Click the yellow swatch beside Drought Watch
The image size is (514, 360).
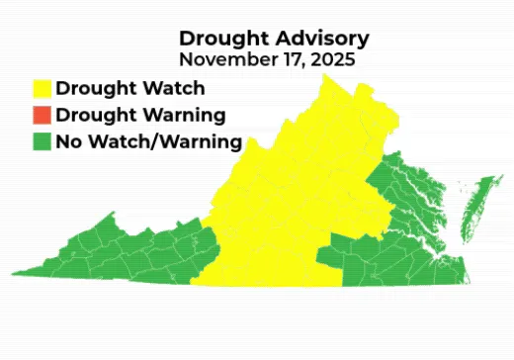pyautogui.click(x=41, y=88)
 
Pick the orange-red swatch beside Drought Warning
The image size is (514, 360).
pyautogui.click(x=41, y=115)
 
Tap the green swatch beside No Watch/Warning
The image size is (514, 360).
pyautogui.click(x=41, y=141)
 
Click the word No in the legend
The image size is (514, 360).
pyautogui.click(x=68, y=141)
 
